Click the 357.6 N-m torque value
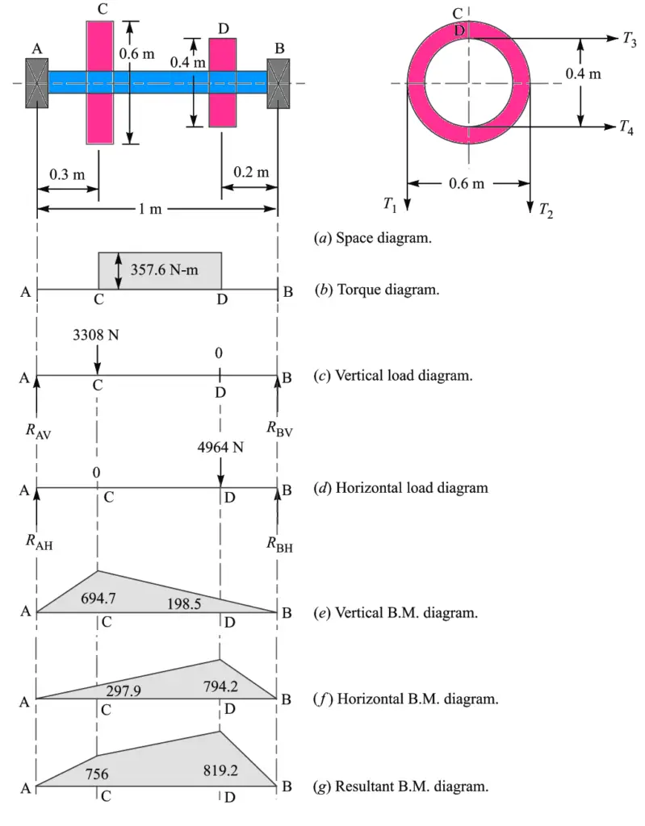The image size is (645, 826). click(165, 269)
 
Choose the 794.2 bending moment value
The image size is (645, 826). click(224, 686)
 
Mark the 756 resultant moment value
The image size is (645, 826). click(97, 774)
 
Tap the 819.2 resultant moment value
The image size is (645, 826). click(220, 770)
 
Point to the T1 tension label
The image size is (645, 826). click(391, 206)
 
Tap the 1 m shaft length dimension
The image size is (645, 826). click(151, 210)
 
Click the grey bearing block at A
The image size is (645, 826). click(37, 82)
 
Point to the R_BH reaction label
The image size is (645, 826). click(280, 544)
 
